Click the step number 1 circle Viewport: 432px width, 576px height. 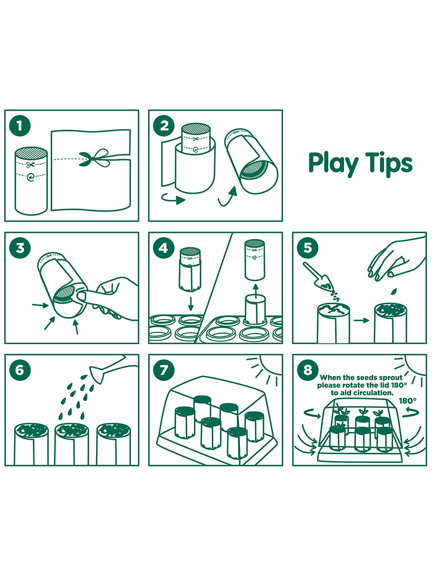tap(20, 126)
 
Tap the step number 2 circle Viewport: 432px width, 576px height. tap(164, 126)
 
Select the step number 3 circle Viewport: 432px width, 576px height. tap(20, 248)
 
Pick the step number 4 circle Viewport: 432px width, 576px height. tap(164, 248)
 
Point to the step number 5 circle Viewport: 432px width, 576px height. tap(308, 248)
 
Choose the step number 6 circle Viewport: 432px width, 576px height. tap(20, 370)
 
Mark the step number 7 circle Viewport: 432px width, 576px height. tap(164, 370)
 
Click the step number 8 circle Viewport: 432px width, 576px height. tap(308, 370)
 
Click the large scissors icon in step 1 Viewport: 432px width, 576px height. tap(94, 158)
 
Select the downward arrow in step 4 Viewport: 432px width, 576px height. tap(191, 304)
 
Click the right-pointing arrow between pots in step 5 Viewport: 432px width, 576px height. tap(361, 321)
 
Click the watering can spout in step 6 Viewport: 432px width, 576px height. tap(97, 374)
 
